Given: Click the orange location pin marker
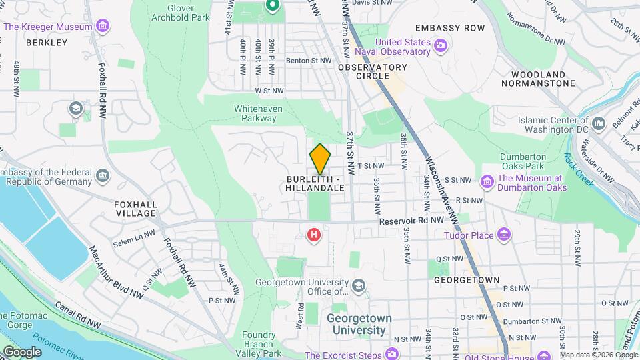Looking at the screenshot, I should click(320, 159).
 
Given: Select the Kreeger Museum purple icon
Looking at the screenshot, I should click(103, 27).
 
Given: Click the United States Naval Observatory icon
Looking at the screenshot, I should click(440, 46).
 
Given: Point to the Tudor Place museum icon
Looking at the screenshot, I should click(504, 235).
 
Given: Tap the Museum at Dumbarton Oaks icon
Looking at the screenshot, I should click(487, 181).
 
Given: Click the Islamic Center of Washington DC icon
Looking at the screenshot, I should click(599, 124).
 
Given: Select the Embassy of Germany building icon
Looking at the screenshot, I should click(103, 176).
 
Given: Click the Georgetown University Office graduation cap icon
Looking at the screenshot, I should click(359, 286).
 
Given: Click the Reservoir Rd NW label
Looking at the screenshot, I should click(411, 220).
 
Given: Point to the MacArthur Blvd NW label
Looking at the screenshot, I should click(116, 271).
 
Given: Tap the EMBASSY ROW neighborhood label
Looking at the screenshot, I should click(449, 28).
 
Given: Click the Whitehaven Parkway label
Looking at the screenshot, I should click(255, 113).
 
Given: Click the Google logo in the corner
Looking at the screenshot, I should click(22, 351).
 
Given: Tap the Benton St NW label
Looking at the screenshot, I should click(309, 60).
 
